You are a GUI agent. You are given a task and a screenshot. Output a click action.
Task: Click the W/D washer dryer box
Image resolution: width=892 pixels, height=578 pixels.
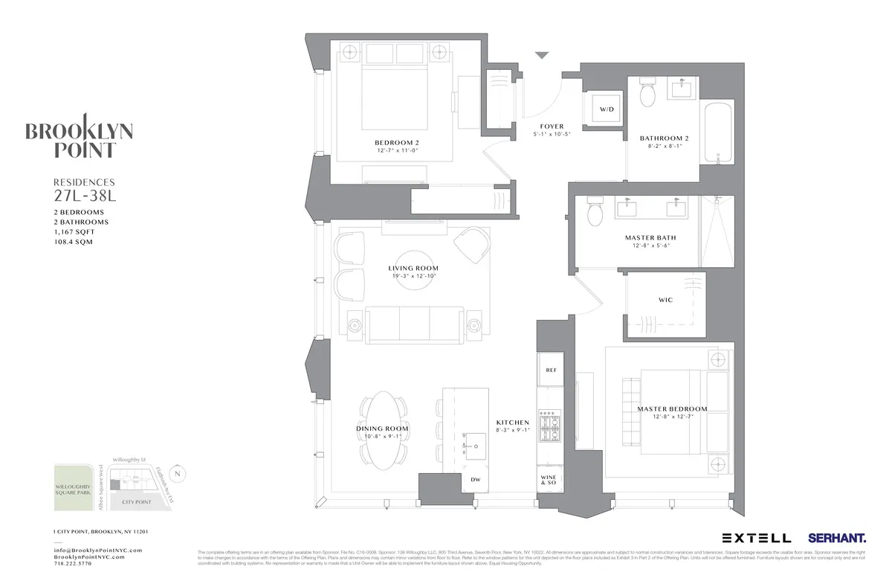tap(607, 110)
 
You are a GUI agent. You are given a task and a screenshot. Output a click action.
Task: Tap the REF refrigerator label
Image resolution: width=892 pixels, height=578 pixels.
tap(551, 370)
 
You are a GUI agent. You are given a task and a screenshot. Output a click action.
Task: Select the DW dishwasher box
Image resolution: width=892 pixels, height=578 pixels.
tap(475, 481)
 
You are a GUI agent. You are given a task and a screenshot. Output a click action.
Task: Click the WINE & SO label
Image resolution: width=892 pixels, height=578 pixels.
tap(549, 480)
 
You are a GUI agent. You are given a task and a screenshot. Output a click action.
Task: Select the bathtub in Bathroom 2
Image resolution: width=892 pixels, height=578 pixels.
tap(719, 132)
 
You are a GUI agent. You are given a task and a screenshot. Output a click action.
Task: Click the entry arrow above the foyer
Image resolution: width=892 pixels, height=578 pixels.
tap(542, 55)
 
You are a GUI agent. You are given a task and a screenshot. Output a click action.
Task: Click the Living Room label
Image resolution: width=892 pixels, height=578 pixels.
tap(413, 268)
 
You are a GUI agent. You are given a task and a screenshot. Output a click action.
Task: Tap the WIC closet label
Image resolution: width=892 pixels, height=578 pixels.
tap(665, 300)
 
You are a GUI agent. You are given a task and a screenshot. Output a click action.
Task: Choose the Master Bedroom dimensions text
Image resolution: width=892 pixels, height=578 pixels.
tap(672, 417)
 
